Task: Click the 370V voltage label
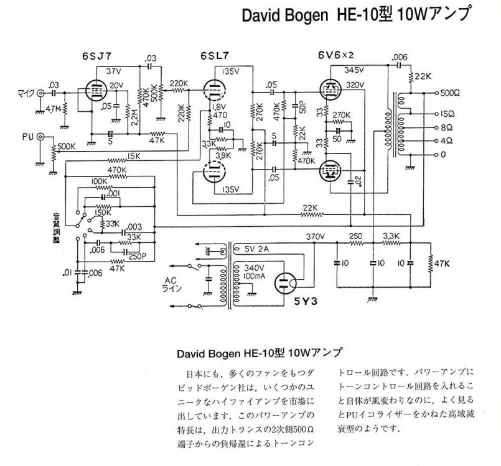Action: [316, 236]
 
